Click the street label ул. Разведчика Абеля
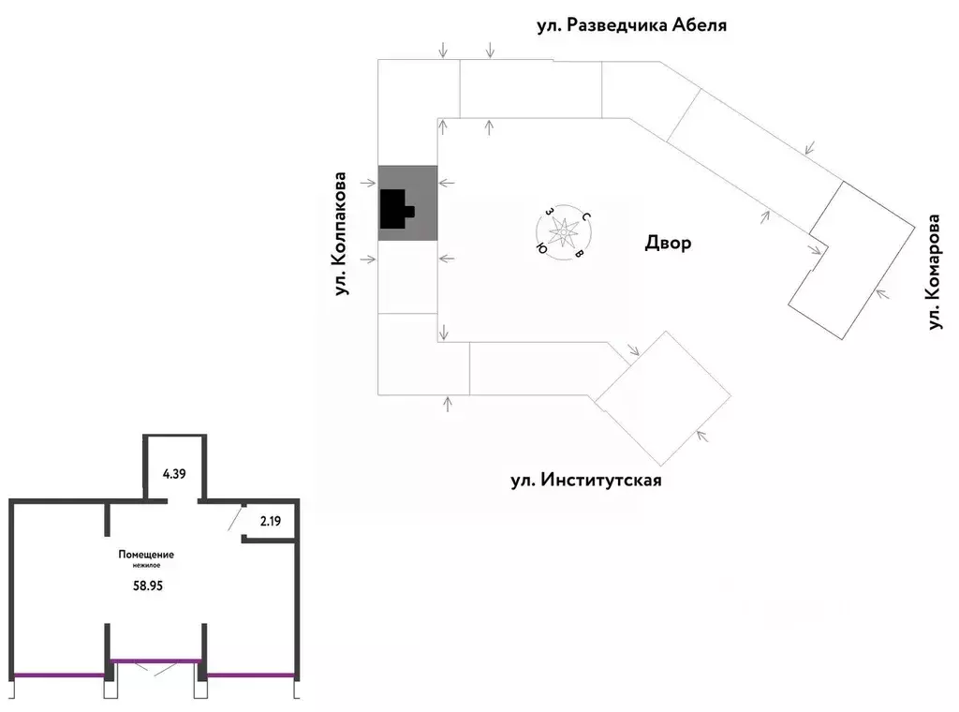[632, 25]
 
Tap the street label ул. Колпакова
[340, 234]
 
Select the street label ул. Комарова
[934, 272]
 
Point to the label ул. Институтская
[586, 480]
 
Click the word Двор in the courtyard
[668, 243]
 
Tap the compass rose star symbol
[563, 232]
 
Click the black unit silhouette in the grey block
[396, 209]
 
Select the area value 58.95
[148, 586]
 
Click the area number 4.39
[174, 474]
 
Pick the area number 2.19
[271, 522]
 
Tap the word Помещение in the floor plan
[146, 555]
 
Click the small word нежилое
[147, 566]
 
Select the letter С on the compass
[586, 216]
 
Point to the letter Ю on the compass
[541, 248]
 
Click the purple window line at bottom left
[59, 675]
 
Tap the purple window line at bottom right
[251, 675]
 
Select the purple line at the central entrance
[156, 660]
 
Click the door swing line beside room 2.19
[234, 520]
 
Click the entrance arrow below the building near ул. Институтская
[448, 404]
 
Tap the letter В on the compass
[579, 253]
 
